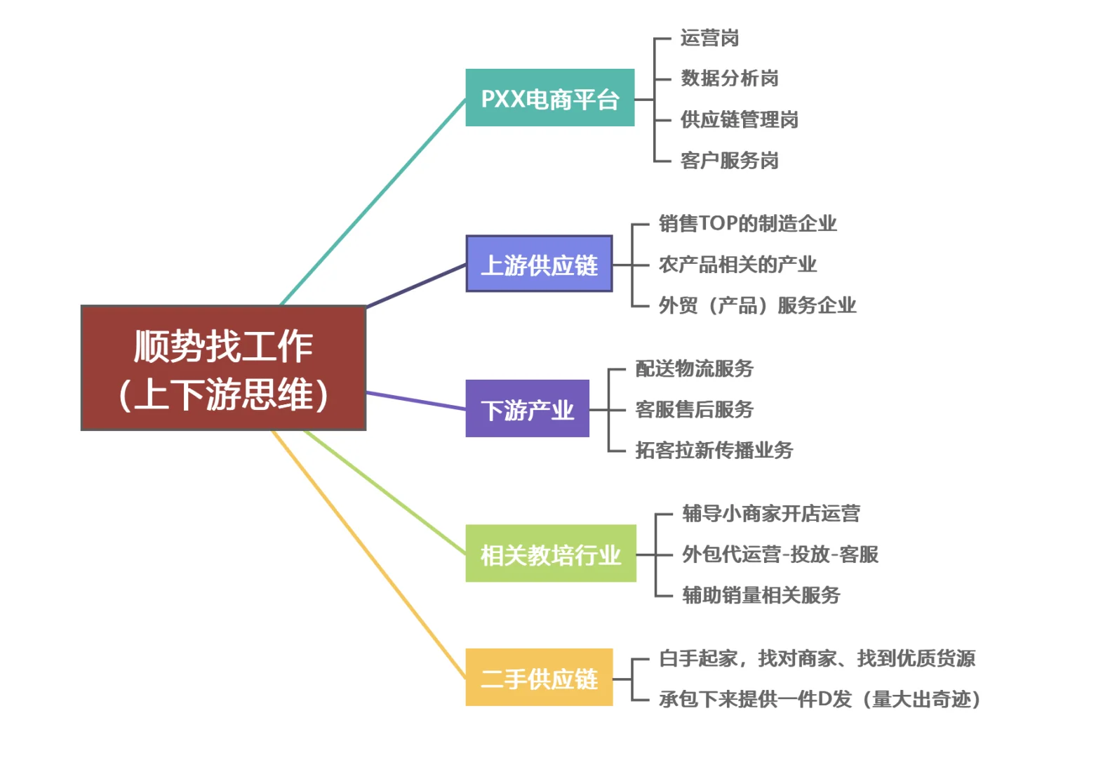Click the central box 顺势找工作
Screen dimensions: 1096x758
point(224,368)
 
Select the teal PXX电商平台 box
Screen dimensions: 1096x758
point(550,98)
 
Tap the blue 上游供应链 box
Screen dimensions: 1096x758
point(539,264)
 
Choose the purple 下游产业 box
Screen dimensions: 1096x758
point(528,408)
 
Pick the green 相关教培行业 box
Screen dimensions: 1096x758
point(551,554)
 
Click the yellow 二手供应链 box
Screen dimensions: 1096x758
point(539,677)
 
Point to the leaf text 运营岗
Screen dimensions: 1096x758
point(709,38)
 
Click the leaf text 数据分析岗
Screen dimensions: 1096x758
point(730,78)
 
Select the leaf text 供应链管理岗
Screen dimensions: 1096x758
point(740,119)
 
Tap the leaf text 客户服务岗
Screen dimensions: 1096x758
point(730,160)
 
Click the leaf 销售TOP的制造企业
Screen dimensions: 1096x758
point(748,223)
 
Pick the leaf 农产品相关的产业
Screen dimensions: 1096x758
point(737,265)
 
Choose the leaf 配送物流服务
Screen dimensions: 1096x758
point(694,368)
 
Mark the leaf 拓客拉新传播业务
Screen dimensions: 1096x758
point(714,450)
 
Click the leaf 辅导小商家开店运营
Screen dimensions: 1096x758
point(771,513)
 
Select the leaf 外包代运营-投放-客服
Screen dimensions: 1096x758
point(780,554)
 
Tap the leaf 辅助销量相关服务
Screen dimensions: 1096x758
point(761,595)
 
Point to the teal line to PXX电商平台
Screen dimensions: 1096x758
point(373,202)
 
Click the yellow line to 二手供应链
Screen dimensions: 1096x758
point(368,554)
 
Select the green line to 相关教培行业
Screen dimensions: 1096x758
point(385,492)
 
